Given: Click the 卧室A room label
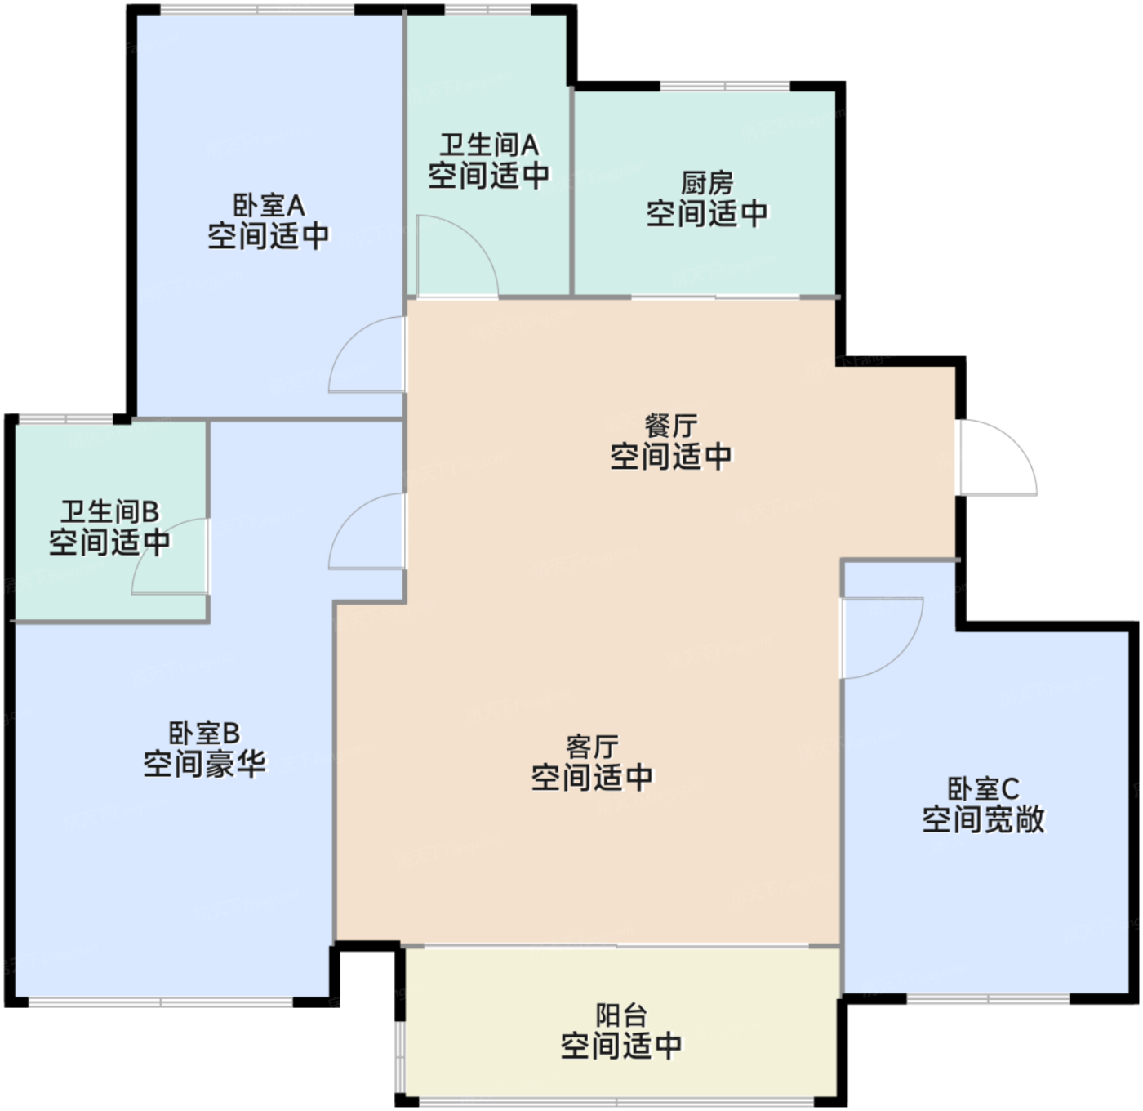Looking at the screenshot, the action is click(269, 206).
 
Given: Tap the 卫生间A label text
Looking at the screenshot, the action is click(489, 145).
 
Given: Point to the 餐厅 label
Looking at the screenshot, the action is click(671, 426).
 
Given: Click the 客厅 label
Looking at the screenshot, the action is click(592, 747).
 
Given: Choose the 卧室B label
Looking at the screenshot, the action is click(204, 734).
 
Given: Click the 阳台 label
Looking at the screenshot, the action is click(621, 1015).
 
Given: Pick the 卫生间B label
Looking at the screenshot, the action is click(110, 511).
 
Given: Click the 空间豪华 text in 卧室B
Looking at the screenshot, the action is click(204, 764).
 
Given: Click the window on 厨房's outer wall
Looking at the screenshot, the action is click(725, 87).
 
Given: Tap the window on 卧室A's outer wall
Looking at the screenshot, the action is click(258, 9).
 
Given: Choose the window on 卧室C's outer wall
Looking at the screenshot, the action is click(988, 998).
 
